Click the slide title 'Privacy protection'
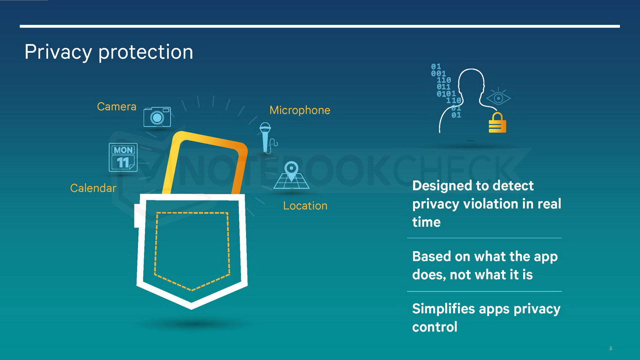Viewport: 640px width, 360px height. pos(109,52)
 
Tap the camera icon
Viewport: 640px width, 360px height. pos(157,116)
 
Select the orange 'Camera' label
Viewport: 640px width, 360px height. pos(116,106)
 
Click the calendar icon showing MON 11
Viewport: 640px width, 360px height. pos(123,158)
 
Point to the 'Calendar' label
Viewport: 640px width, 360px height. pos(93,188)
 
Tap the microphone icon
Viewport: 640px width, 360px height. pos(267,138)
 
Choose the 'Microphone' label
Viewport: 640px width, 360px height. pos(300,110)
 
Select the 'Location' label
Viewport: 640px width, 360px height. pos(305,206)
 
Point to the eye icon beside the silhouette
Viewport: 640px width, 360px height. pos(498,98)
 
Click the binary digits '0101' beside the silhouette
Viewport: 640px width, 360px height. pos(446,94)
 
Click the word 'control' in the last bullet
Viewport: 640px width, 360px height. pos(434,327)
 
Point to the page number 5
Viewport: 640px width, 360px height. pos(611,348)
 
